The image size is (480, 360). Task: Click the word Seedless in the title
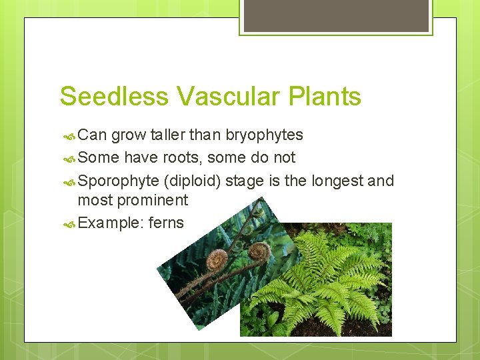pyautogui.click(x=115, y=97)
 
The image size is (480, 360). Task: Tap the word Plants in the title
pyautogui.click(x=325, y=97)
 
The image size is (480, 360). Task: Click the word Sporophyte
pyautogui.click(x=119, y=181)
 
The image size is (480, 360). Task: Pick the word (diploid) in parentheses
pyautogui.click(x=195, y=181)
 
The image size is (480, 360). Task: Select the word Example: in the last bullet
pyautogui.click(x=110, y=223)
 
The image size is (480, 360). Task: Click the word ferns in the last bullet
pyautogui.click(x=166, y=223)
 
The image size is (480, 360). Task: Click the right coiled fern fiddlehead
pyautogui.click(x=259, y=251)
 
